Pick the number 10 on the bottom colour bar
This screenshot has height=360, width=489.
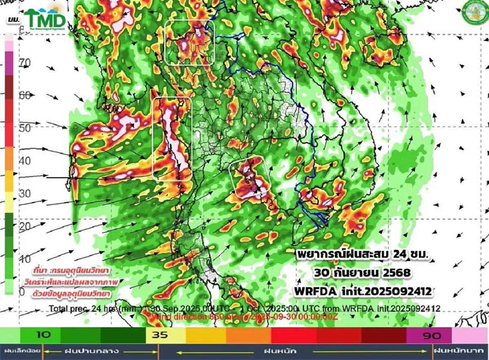click(x=43, y=335)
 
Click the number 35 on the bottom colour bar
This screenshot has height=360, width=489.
click(x=159, y=335)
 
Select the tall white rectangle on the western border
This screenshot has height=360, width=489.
click(x=172, y=139)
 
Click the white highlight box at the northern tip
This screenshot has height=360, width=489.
click(x=189, y=42)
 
